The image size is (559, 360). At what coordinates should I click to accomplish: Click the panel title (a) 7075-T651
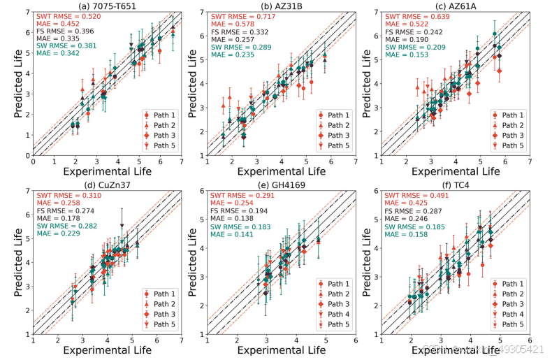106,6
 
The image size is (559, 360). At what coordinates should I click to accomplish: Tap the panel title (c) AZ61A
454,6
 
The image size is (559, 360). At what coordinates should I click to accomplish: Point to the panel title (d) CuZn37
106,185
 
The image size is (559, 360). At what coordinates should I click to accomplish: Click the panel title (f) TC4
454,185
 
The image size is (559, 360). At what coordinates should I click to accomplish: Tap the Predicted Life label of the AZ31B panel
191,80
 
